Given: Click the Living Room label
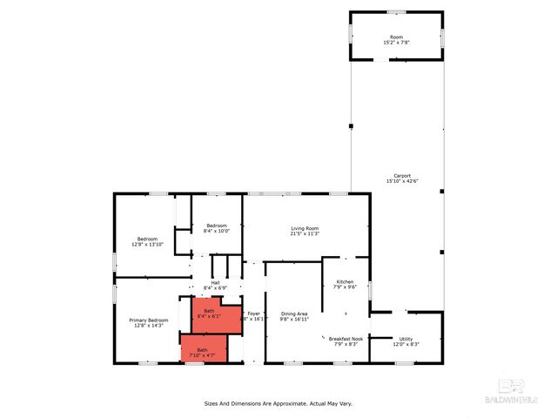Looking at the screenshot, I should (305, 228).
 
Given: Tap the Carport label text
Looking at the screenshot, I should (402, 175).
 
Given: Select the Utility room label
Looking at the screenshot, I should (406, 339).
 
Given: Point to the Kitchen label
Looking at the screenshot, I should (346, 282).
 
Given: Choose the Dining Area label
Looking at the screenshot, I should (293, 313).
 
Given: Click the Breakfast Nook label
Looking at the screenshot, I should (346, 338).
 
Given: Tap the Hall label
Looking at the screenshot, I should (215, 282).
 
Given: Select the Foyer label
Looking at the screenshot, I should (254, 313).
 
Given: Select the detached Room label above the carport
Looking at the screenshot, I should (396, 37).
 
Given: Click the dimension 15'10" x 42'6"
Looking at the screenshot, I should (402, 181).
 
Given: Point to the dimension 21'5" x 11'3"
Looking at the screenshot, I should (305, 233).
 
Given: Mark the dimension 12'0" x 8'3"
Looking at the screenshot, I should (406, 345).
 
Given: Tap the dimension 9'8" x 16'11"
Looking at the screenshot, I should (293, 320).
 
